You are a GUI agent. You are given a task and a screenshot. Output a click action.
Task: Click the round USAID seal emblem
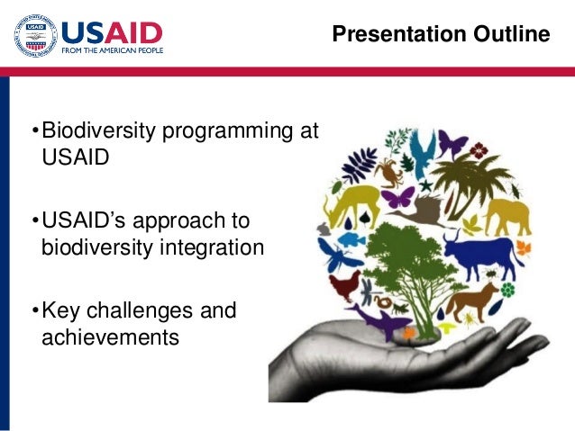pos(35,35)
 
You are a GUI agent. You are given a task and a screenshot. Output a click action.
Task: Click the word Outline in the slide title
pos(512,33)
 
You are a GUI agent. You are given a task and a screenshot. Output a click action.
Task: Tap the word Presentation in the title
pos(399,34)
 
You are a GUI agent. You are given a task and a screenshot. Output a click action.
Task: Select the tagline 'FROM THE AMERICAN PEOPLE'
pos(113,50)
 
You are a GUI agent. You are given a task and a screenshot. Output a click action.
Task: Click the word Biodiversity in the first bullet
pos(99,130)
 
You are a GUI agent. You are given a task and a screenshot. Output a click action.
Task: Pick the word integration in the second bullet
pos(212,248)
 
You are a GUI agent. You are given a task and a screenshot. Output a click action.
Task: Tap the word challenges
pos(140,311)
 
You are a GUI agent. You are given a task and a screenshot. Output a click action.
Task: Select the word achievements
pos(110,337)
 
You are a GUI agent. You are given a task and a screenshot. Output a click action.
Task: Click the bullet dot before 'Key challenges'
pos(35,310)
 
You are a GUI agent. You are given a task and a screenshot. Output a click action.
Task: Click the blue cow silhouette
pos(482,255)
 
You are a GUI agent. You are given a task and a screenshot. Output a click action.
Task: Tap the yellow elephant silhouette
pos(508,217)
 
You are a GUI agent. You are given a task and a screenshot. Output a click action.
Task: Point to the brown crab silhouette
pos(389,173)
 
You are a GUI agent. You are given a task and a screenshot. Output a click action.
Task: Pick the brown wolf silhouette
pos(471,301)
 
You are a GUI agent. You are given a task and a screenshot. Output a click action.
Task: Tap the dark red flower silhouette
pos(479,150)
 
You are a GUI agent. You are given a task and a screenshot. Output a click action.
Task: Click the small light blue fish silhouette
pos(351,240)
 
